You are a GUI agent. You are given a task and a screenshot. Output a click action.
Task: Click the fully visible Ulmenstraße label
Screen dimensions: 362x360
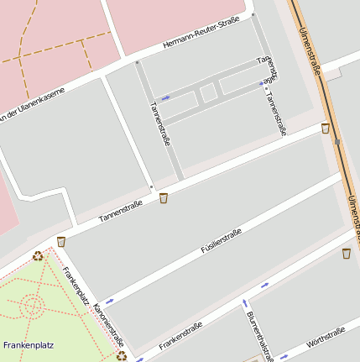pos(310,53)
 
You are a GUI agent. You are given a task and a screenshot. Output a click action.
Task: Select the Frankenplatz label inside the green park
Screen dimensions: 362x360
pos(29,345)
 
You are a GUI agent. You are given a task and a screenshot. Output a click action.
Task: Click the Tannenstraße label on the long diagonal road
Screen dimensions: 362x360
pos(122,211)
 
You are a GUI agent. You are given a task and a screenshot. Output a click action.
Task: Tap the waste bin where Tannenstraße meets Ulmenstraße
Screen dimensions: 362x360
pos(326,129)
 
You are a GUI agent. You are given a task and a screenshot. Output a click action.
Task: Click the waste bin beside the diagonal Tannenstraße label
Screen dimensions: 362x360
pos(164,198)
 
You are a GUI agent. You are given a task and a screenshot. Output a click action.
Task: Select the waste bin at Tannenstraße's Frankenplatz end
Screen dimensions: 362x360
pos(61,242)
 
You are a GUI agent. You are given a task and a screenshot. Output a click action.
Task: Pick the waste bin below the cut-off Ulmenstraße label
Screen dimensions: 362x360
pos(347,253)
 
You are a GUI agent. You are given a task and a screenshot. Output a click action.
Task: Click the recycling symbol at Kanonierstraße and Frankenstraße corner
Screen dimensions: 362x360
pos(123,355)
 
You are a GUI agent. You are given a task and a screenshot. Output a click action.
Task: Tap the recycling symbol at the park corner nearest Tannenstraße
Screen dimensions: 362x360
pos(38,256)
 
